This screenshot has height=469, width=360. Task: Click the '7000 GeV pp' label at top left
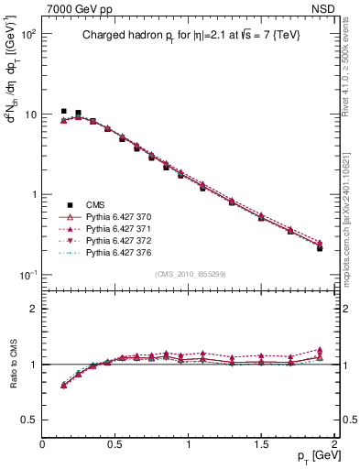coord(75,9)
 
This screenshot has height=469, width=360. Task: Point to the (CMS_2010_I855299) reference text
coord(190,275)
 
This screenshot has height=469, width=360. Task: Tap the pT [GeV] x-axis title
coord(312,455)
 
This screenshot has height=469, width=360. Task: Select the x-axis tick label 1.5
coord(262,443)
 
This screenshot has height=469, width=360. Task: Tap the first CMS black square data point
coord(64,111)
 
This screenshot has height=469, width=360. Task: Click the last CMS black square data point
coord(320,248)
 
